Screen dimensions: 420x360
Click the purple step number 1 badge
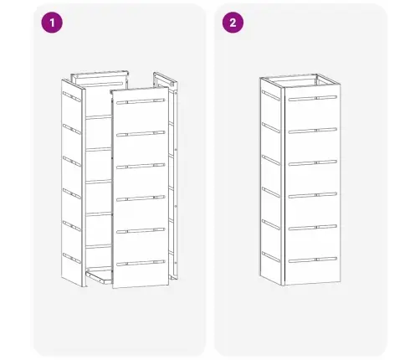[x=52, y=23]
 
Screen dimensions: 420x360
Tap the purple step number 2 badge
[x=233, y=23]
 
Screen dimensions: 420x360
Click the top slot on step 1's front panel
[x=141, y=101]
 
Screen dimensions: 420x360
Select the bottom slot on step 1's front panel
[x=141, y=263]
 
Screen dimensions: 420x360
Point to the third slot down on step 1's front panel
[x=141, y=166]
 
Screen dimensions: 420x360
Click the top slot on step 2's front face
[x=313, y=98]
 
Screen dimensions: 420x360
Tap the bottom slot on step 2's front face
[x=313, y=260]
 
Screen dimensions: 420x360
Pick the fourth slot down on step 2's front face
[x=313, y=195]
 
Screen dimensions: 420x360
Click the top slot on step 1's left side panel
[x=72, y=96]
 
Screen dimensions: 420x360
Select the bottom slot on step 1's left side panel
[x=72, y=258]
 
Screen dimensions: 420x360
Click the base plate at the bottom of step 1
[x=99, y=276]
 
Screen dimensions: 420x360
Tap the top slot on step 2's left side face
[x=271, y=95]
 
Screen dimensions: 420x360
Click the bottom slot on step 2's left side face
[x=271, y=257]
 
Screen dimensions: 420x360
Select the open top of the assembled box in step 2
[x=300, y=81]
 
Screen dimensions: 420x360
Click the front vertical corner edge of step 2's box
[x=284, y=187]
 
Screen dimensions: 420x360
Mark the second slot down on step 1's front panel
[x=141, y=134]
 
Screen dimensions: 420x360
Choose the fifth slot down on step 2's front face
[x=313, y=228]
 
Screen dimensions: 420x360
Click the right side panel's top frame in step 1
[x=165, y=80]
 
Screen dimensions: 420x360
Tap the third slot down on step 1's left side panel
[x=72, y=162]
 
